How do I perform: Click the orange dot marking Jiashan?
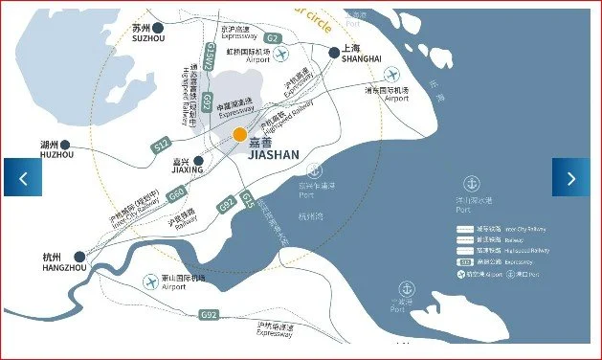coord(239,135)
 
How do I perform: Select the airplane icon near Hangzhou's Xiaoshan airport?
coord(150,281)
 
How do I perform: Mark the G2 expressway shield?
coord(271,37)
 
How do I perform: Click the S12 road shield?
coord(161,145)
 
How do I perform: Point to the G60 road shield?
coord(175,194)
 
